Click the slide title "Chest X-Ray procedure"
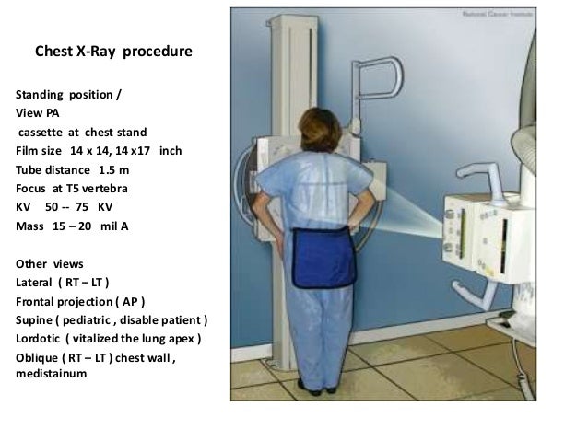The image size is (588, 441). [x=113, y=53]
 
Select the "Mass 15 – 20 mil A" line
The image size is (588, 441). [x=70, y=224]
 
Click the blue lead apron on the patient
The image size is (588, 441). [x=323, y=257]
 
